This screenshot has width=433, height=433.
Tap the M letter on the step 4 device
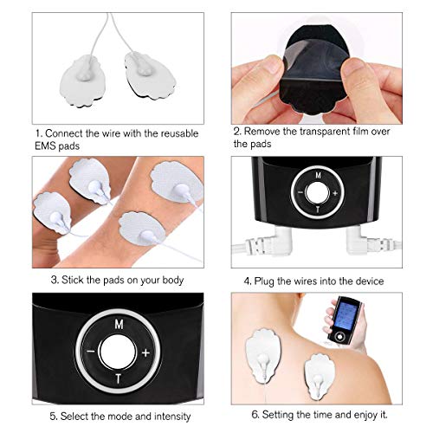tap(317, 174)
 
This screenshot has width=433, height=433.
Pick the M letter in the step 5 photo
tap(118, 320)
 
